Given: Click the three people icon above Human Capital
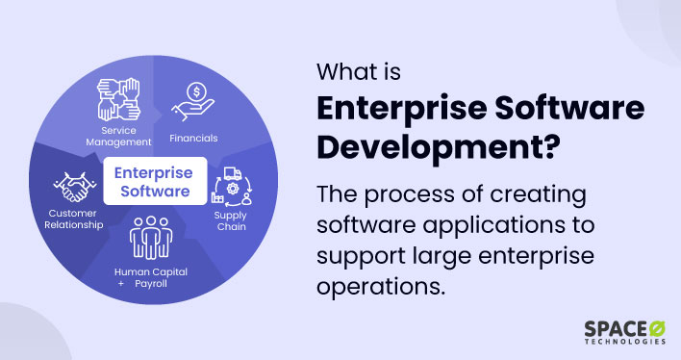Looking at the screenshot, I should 151,239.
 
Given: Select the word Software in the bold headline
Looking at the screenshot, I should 577,109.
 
